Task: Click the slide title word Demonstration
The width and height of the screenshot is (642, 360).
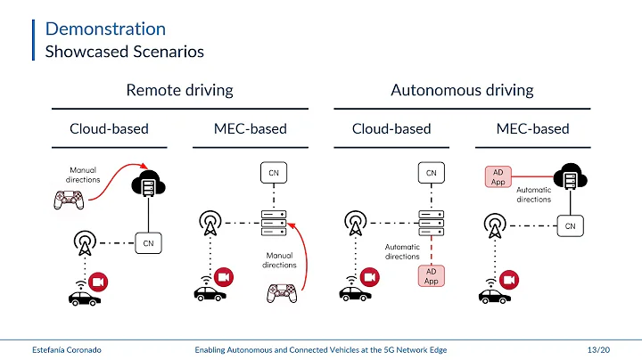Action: [x=105, y=29]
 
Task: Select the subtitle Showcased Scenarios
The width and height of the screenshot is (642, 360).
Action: [x=124, y=52]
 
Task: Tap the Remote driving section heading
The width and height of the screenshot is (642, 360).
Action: [x=179, y=90]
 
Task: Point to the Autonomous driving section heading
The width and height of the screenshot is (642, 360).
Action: [x=462, y=90]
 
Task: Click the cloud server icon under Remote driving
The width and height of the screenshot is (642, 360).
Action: [x=147, y=184]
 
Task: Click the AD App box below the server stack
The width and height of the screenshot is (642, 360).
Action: [x=431, y=276]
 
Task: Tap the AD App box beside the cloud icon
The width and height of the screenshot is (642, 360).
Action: [x=498, y=177]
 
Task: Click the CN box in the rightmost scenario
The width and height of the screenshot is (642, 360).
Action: [x=569, y=226]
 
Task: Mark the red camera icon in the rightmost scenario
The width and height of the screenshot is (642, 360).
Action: [x=510, y=280]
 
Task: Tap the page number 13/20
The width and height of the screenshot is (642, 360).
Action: [x=600, y=350]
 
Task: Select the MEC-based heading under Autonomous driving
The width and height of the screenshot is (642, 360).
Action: [x=532, y=129]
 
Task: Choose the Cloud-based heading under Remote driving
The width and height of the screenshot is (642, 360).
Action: [x=109, y=129]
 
